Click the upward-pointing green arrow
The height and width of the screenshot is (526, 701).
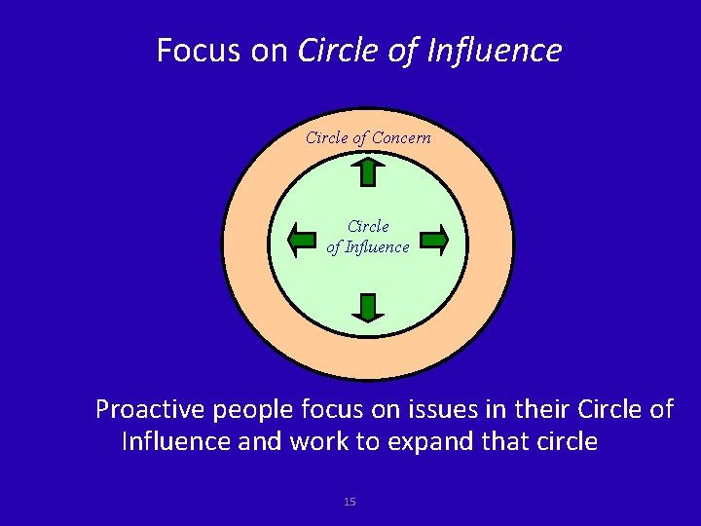[368, 171]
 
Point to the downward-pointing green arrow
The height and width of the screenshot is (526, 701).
[368, 307]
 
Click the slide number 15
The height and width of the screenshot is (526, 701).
[350, 502]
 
